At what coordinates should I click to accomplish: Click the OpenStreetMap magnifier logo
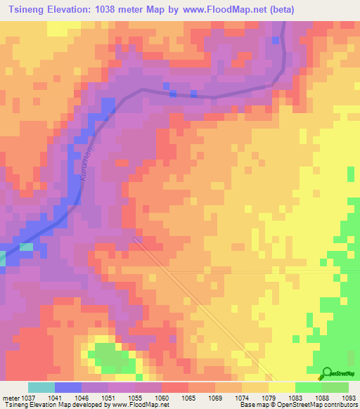coord(326,373)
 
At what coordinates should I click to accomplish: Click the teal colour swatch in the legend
coord(41,387)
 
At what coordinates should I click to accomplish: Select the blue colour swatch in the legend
coord(67,387)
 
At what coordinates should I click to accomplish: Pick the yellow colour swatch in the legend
coord(281,387)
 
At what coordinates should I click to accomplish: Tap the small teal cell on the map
coord(25,247)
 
